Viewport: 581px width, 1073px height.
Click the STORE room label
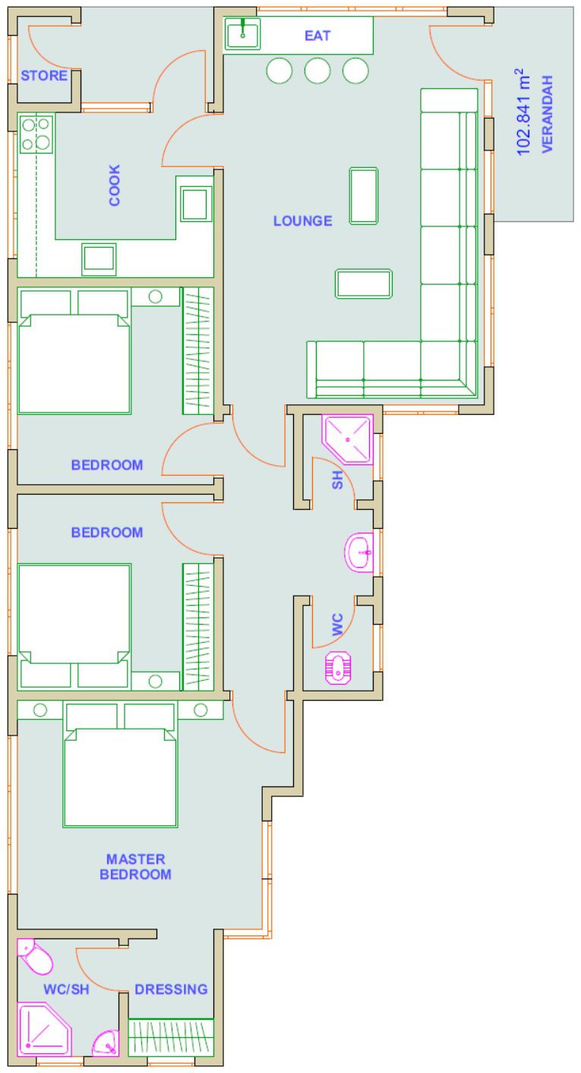pyautogui.click(x=43, y=76)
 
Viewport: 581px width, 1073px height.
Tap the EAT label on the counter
pyautogui.click(x=317, y=36)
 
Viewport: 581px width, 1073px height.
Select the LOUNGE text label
pyautogui.click(x=302, y=221)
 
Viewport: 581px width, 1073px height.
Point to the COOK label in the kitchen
pyautogui.click(x=115, y=185)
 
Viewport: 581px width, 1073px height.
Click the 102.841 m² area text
pyautogui.click(x=523, y=112)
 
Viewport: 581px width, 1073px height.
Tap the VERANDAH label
pyautogui.click(x=547, y=114)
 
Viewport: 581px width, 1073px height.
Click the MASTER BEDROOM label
pyautogui.click(x=135, y=866)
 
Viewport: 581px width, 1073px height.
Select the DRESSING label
pyautogui.click(x=171, y=989)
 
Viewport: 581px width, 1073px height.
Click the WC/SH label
pyautogui.click(x=66, y=989)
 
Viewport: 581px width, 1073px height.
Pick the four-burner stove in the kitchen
pyautogui.click(x=36, y=134)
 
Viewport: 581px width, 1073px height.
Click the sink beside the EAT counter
pyautogui.click(x=242, y=34)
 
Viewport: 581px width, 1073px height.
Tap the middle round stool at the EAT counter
pyautogui.click(x=317, y=71)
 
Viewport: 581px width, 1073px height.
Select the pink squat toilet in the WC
pyautogui.click(x=338, y=668)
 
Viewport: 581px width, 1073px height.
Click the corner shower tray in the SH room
pyautogui.click(x=347, y=439)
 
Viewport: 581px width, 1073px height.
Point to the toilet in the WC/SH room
pyautogui.click(x=34, y=957)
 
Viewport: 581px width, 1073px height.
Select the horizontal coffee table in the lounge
pyautogui.click(x=364, y=283)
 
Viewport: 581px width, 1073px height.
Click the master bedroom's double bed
pyautogui.click(x=120, y=765)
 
